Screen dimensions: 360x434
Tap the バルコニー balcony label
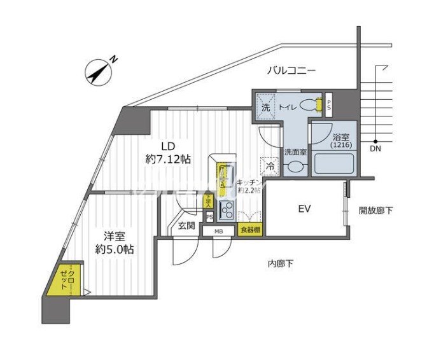point(290,70)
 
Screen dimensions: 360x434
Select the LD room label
point(168,145)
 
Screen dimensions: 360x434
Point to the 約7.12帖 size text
point(169,159)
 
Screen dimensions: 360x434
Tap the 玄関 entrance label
point(186,225)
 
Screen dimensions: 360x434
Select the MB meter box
point(218,231)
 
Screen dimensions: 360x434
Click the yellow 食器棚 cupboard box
point(249,230)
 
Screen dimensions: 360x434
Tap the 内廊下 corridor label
point(280,261)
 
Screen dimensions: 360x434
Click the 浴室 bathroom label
point(341,137)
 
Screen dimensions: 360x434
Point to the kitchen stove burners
point(226,209)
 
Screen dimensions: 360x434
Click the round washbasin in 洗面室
point(295,167)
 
